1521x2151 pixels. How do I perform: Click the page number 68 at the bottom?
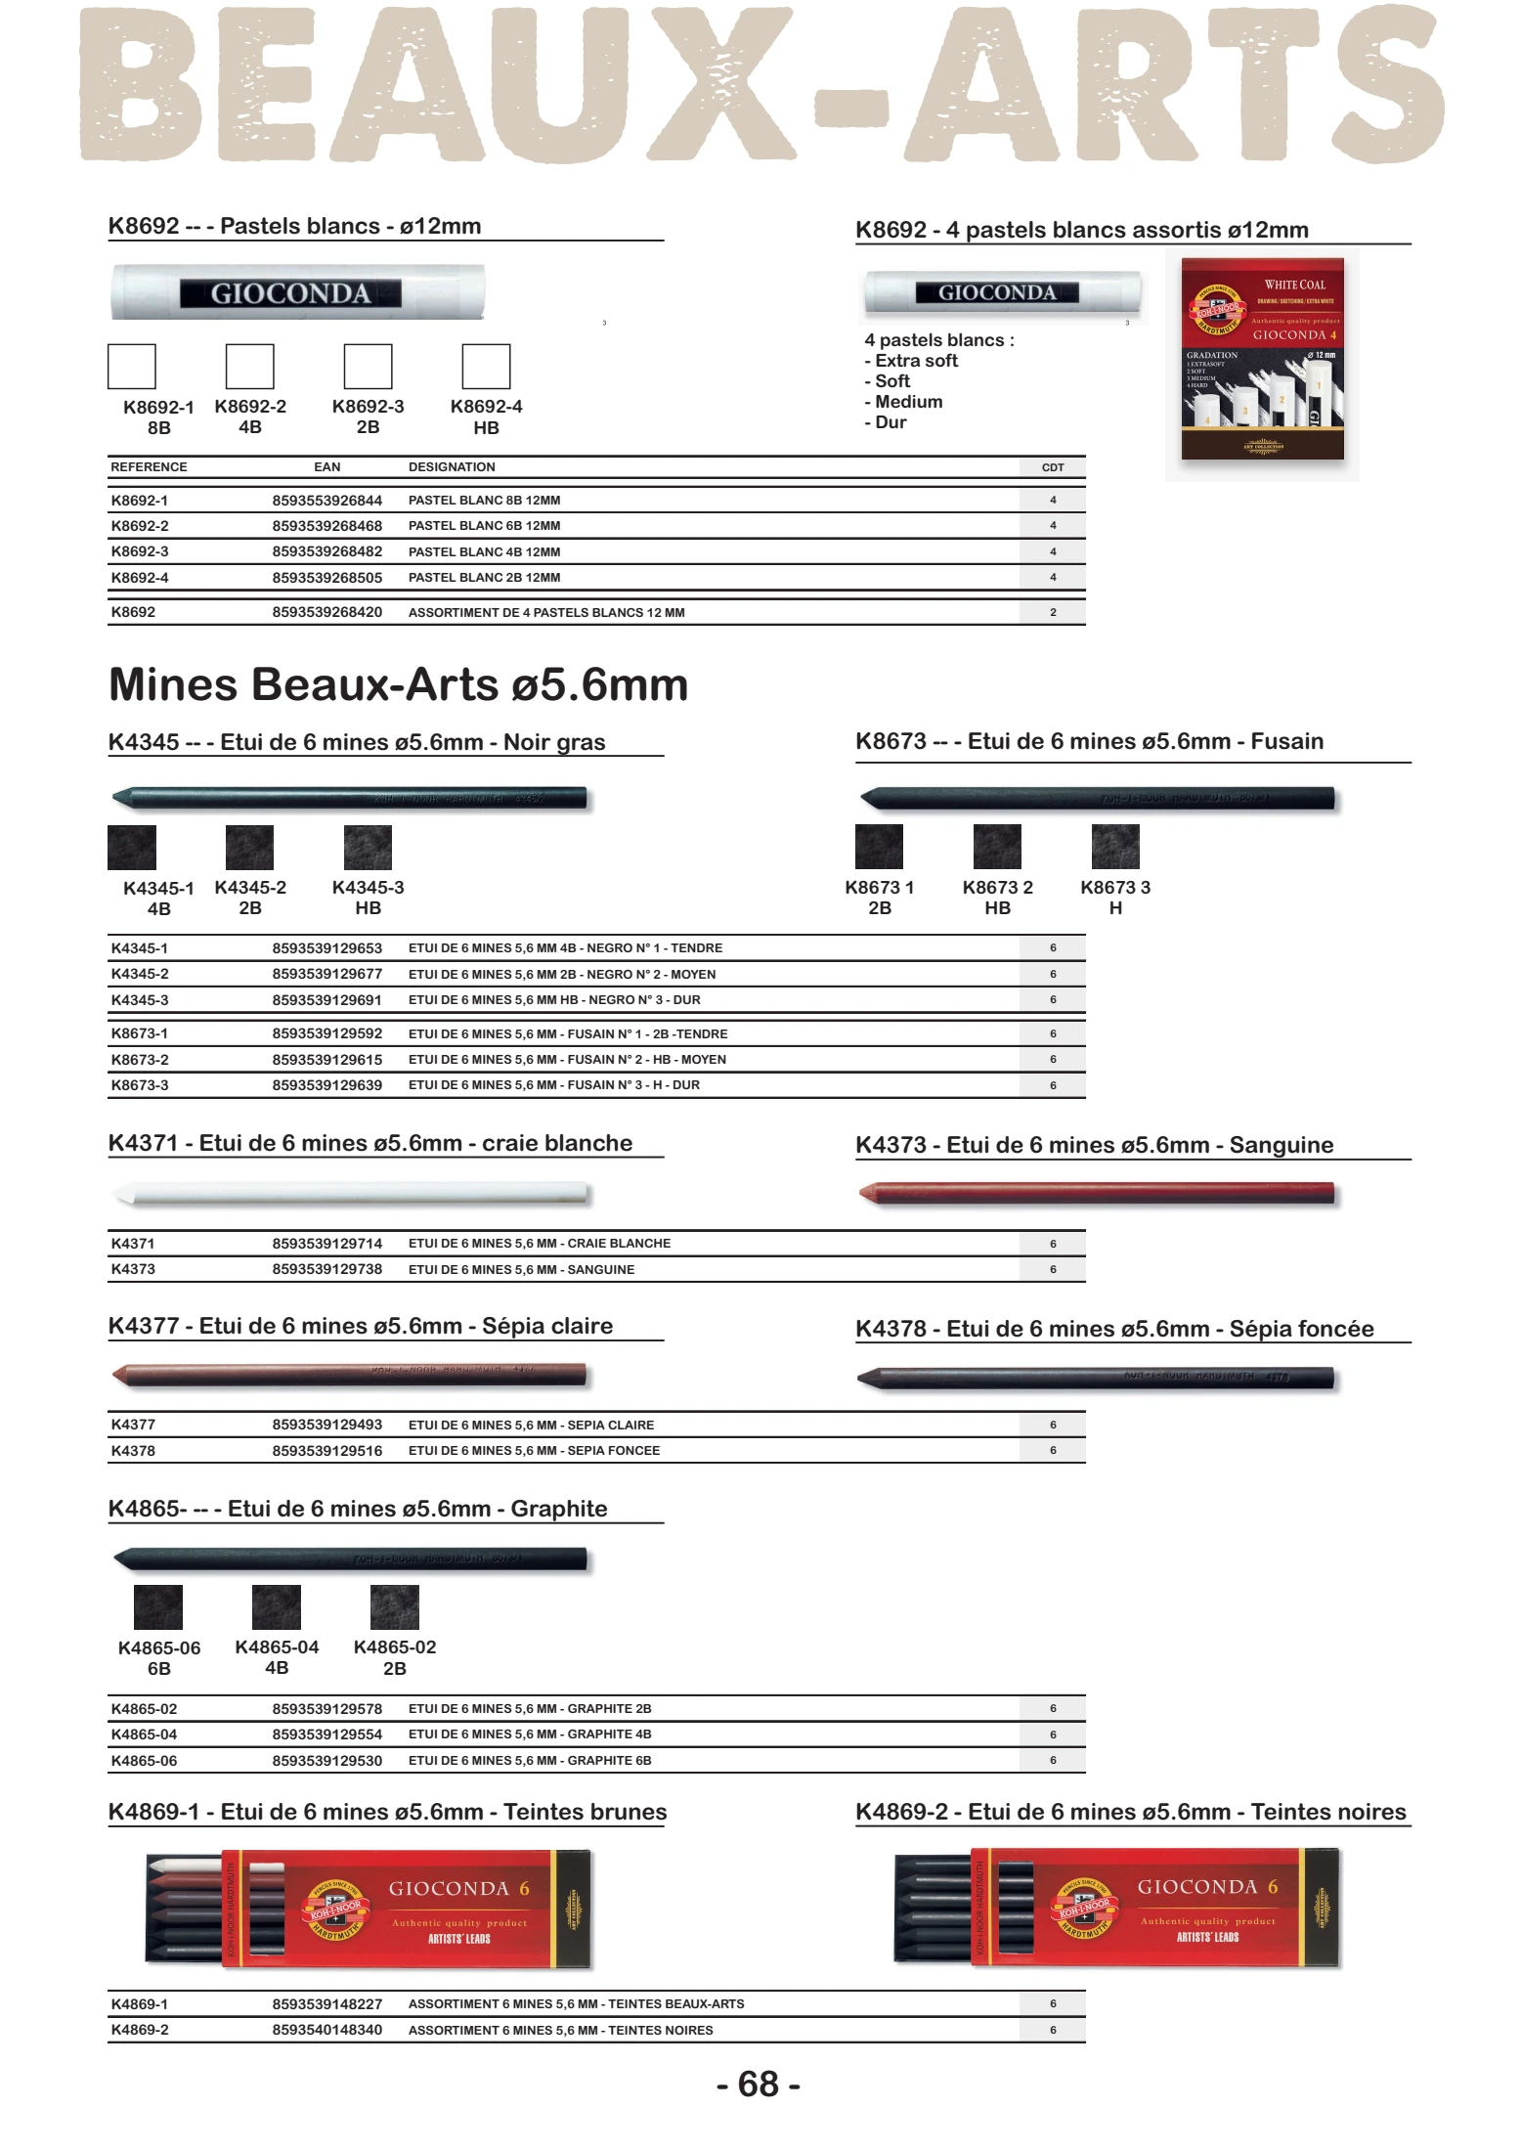click(759, 2084)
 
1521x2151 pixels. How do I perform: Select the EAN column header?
click(326, 467)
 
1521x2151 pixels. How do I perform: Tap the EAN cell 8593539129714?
click(326, 1244)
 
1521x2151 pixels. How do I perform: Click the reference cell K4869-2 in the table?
click(140, 2030)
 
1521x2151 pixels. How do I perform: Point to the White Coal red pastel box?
click(1262, 359)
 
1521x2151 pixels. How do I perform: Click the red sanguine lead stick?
click(1096, 1193)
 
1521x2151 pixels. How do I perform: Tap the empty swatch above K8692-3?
click(368, 367)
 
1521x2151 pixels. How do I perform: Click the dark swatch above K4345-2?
click(249, 848)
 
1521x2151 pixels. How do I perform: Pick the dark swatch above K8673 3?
click(1115, 847)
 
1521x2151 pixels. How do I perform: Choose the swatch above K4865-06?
click(158, 1607)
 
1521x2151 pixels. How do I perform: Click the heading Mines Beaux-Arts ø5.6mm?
click(398, 685)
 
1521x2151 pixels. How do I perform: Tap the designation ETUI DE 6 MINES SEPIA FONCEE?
click(534, 1451)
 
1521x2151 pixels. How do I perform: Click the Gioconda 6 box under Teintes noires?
click(1117, 1907)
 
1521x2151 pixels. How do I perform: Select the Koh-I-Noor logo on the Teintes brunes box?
click(335, 1909)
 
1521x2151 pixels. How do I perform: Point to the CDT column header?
click(1053, 467)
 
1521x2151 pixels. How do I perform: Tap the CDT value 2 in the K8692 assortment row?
click(1053, 612)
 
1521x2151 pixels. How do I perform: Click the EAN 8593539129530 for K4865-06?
click(326, 1761)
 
